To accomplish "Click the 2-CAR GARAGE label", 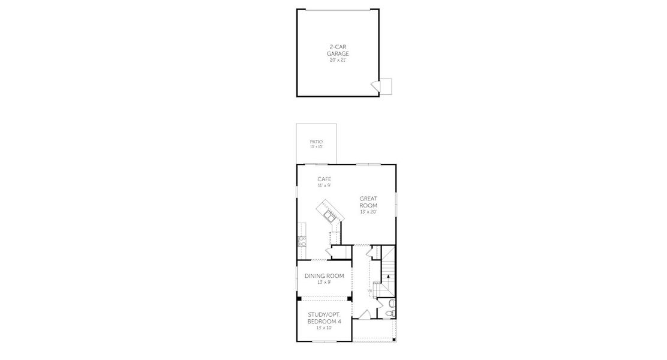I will pyautogui.click(x=338, y=50).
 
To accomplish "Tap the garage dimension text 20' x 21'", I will pyautogui.click(x=338, y=59).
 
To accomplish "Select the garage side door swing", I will pyautogui.click(x=375, y=86).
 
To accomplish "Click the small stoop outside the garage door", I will pyautogui.click(x=386, y=86).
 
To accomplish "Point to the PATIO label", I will pyautogui.click(x=316, y=142).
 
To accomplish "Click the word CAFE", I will pyautogui.click(x=325, y=179).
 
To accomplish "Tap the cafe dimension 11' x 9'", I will pyautogui.click(x=325, y=185).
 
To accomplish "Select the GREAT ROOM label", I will pyautogui.click(x=368, y=202).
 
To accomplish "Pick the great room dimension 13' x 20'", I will pyautogui.click(x=368, y=212).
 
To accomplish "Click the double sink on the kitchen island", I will pyautogui.click(x=328, y=213).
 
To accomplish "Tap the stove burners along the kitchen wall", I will pyautogui.click(x=302, y=241).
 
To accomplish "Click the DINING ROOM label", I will pyautogui.click(x=325, y=276).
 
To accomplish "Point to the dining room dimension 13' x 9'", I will pyautogui.click(x=325, y=282).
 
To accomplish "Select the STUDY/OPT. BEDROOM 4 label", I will pyautogui.click(x=325, y=319).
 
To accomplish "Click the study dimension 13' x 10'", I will pyautogui.click(x=325, y=328).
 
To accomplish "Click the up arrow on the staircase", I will pyautogui.click(x=387, y=277).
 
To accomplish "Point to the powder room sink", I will pyautogui.click(x=391, y=304).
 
